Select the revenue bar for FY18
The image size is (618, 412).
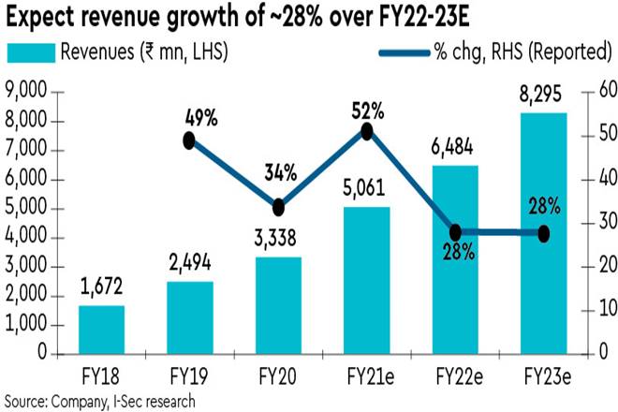coord(100,330)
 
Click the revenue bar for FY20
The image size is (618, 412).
coord(278,305)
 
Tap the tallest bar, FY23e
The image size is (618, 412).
coord(544,233)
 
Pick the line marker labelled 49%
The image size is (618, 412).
coord(189,140)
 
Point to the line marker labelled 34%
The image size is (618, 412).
coord(278,208)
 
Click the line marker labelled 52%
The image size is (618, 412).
coord(367,132)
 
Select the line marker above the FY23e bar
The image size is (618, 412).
coord(544,232)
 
